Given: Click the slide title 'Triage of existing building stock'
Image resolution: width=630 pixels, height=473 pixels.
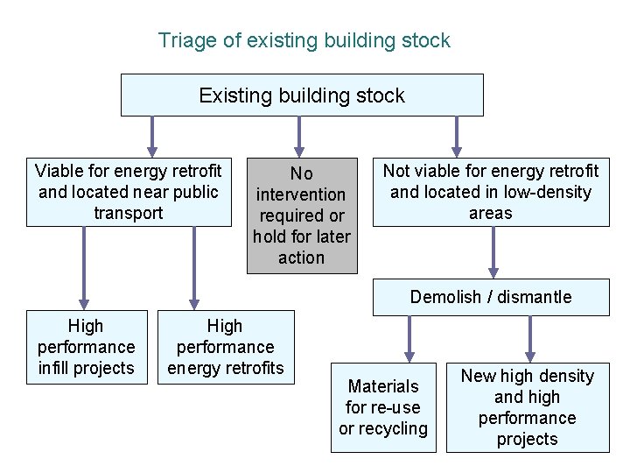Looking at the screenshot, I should tap(304, 40).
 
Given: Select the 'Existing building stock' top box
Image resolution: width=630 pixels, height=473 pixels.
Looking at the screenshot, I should tap(302, 95).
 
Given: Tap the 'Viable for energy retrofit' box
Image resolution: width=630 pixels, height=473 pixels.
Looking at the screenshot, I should tap(129, 192).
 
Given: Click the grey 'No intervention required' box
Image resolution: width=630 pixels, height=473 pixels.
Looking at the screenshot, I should tap(302, 215).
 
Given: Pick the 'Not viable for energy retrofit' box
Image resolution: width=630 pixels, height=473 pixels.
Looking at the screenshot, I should tap(491, 192).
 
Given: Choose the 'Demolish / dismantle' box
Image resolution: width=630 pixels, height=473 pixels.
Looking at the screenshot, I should tap(491, 297).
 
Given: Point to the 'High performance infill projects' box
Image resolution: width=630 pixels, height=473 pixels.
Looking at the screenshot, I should tap(87, 347).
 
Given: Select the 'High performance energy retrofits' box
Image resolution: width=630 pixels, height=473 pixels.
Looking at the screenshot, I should tap(226, 347).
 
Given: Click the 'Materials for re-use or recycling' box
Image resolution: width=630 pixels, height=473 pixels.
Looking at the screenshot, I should tap(383, 407).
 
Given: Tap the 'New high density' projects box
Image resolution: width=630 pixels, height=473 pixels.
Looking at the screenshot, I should tap(528, 407).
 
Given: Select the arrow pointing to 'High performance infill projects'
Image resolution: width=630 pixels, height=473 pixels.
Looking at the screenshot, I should tap(85, 268).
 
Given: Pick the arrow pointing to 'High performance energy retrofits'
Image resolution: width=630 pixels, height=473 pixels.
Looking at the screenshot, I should tap(194, 268).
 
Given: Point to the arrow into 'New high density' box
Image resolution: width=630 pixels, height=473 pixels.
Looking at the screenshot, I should tap(529, 336).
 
